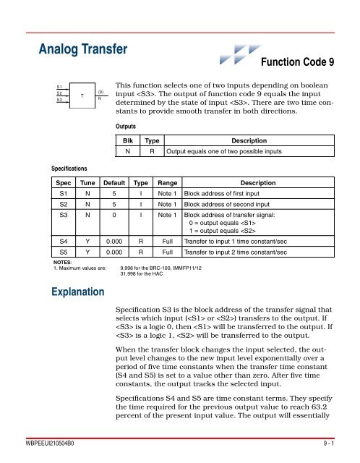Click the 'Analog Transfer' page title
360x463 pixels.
tap(83, 50)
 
